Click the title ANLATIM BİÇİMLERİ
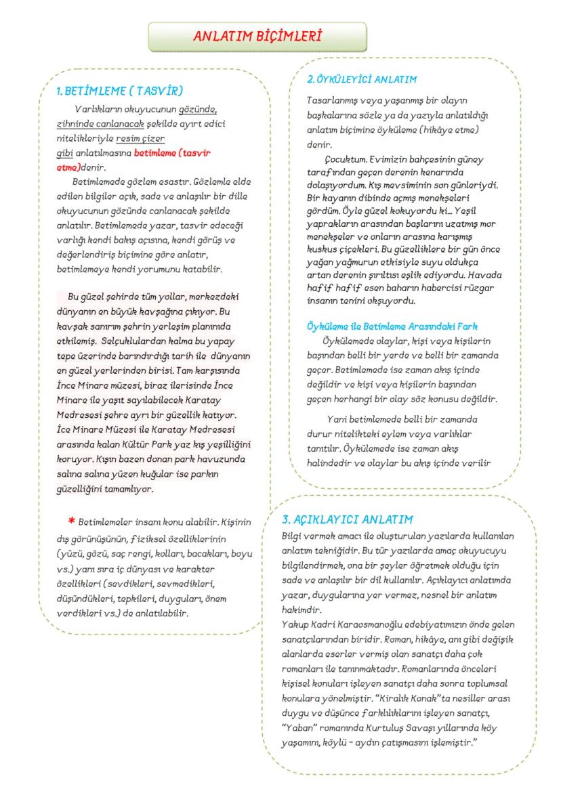pyautogui.click(x=257, y=37)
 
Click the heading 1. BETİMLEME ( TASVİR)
pyautogui.click(x=120, y=90)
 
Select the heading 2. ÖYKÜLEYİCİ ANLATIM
pyautogui.click(x=362, y=80)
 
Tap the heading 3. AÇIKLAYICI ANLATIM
pyautogui.click(x=347, y=519)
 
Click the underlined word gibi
pyautogui.click(x=64, y=154)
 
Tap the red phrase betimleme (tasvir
pyautogui.click(x=172, y=154)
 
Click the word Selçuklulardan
pyautogui.click(x=135, y=342)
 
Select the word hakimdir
pyautogui.click(x=300, y=609)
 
